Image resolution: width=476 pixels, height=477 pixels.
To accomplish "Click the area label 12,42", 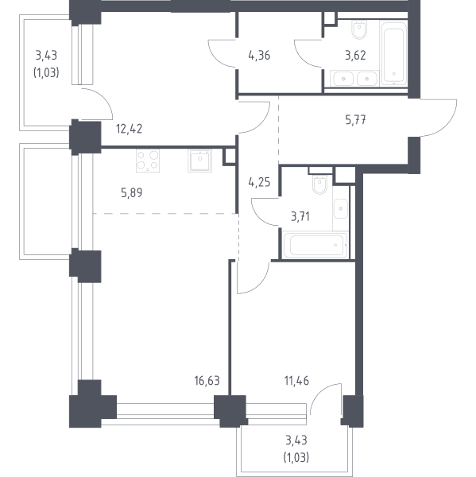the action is [129, 129].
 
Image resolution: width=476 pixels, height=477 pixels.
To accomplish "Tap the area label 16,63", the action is [207, 381].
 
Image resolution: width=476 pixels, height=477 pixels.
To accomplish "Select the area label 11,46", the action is [296, 381].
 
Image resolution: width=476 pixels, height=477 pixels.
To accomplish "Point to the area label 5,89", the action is [131, 192].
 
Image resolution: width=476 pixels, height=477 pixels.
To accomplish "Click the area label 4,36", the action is [259, 56].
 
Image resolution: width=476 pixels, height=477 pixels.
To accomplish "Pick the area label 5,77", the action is [355, 120].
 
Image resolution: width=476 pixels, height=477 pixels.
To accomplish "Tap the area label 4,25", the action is [259, 182].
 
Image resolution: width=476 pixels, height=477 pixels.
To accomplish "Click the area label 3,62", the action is [355, 56].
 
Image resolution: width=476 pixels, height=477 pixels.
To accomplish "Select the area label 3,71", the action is [300, 216].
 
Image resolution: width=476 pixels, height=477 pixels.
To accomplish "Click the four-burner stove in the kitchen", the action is [148, 161].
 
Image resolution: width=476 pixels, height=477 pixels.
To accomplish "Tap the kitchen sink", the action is [199, 161].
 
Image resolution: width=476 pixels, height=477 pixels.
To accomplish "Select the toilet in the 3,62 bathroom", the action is [359, 30].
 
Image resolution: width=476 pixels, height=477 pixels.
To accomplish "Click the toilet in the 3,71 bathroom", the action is [319, 184].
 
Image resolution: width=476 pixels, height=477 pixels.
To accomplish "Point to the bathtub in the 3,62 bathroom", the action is [394, 54].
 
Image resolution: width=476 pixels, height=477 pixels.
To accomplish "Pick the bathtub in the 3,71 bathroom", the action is [315, 245].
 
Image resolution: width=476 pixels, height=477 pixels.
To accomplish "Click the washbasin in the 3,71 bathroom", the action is [341, 208].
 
